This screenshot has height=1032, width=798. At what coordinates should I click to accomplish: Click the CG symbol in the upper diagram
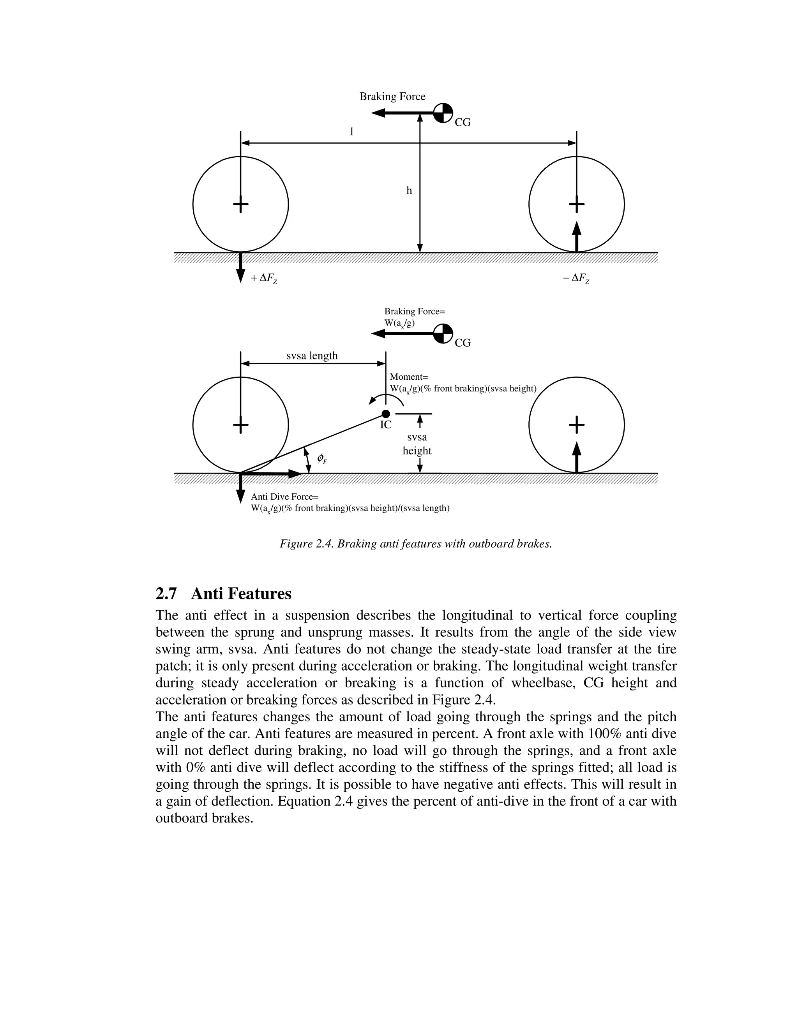coord(443,113)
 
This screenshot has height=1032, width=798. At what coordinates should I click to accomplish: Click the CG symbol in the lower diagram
coord(443,334)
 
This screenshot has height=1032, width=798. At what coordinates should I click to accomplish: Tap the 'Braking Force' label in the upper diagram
coord(392,97)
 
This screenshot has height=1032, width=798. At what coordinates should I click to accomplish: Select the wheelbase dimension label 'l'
coord(351,132)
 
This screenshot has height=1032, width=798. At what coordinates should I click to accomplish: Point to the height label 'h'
coord(410,190)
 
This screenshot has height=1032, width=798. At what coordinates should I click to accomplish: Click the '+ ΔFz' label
coord(264,278)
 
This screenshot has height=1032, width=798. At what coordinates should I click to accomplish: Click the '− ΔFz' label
coord(576,278)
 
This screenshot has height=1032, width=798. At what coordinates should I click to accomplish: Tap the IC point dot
coord(386,414)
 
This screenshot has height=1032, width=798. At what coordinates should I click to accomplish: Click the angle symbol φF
coord(321,458)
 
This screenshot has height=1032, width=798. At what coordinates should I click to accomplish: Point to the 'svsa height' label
coord(417,444)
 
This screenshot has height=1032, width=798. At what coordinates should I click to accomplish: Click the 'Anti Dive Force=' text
coord(284,497)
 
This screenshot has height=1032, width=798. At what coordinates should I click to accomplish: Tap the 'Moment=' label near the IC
coord(408,377)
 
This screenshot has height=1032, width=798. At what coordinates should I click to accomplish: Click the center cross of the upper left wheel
coord(241,204)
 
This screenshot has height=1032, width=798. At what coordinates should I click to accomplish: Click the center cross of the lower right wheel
coord(576,425)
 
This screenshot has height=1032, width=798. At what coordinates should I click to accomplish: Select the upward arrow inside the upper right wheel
coord(576,236)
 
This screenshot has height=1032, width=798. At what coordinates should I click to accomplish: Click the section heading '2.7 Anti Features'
coord(224,593)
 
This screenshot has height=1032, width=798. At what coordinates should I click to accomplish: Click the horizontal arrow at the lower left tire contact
coord(272,474)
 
